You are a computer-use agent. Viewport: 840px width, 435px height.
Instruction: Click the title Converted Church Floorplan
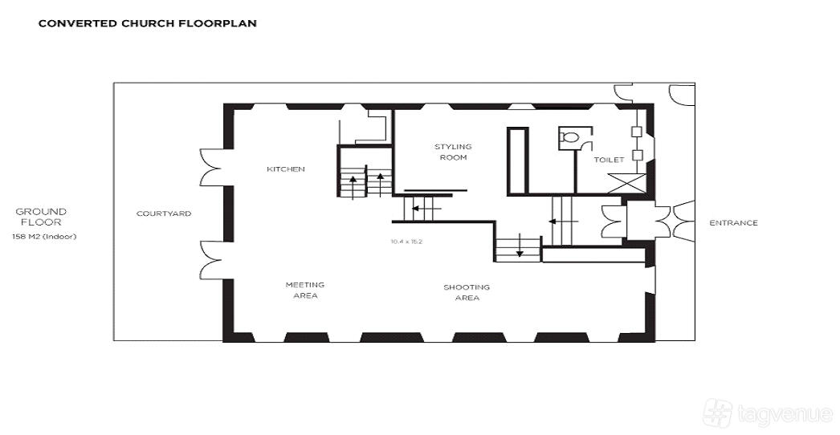point(147,23)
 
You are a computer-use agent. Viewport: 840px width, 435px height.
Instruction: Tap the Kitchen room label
point(286,169)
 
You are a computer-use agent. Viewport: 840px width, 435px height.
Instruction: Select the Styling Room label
point(453,152)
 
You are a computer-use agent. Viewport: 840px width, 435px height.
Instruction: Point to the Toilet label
point(609,160)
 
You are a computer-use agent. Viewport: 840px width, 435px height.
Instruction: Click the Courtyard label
point(163,213)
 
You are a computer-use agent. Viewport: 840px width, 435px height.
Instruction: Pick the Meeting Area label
point(305,291)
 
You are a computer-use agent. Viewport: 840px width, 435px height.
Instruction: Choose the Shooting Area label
point(467,292)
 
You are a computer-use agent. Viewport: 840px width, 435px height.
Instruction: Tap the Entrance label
point(733,223)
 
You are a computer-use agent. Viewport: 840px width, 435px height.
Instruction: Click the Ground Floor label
point(41,217)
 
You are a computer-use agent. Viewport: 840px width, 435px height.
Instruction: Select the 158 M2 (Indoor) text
point(44,236)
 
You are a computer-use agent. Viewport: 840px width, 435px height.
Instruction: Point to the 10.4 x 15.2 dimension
point(406,242)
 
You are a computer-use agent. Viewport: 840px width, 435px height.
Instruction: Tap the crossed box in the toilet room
point(626,183)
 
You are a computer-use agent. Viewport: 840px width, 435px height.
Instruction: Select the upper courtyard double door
point(210,168)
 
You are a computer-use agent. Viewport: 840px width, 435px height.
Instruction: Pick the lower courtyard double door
point(210,260)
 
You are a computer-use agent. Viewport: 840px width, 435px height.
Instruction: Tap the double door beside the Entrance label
point(683,222)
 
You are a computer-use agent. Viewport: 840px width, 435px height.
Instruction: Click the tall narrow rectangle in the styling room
point(517,161)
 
